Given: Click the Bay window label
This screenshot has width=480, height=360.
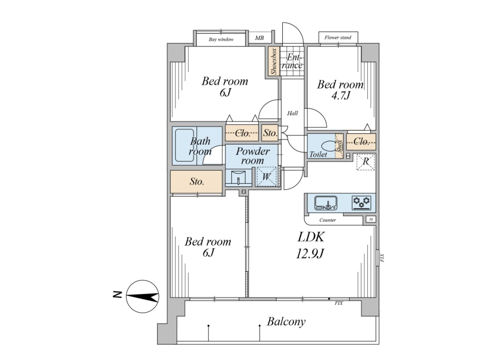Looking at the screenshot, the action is click(221, 39).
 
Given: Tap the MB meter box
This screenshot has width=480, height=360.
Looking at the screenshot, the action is click(259, 38).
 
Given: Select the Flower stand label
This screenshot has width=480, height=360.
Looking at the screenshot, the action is click(338, 38).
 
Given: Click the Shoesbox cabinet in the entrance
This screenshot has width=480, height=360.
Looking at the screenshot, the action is click(274, 61).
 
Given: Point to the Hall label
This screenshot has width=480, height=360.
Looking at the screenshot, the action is click(292, 113).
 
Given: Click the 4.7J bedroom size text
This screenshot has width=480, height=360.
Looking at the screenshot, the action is click(340, 96).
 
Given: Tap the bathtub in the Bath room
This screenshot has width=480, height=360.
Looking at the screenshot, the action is click(184, 145).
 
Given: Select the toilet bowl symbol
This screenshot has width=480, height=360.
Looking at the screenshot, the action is click(328, 145).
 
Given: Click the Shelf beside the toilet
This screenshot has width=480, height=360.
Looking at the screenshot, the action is click(339, 146).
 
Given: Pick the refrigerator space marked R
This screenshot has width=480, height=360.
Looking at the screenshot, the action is click(366, 161).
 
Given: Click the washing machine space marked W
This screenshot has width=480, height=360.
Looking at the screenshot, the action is click(266, 176).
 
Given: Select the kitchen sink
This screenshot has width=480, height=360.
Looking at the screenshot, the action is click(326, 203).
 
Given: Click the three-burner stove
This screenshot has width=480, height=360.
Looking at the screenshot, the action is click(362, 202).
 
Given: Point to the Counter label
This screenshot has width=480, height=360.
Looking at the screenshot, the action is click(328, 220).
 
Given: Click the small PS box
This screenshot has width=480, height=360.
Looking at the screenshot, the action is click(371, 219).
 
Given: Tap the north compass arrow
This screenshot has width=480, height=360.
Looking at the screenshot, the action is click(143, 296).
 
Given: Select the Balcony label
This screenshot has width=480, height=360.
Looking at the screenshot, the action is click(286, 322).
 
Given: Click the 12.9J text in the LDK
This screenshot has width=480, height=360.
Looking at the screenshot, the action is click(310, 254).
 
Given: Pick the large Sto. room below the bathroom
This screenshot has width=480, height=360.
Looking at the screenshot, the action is click(196, 182).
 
